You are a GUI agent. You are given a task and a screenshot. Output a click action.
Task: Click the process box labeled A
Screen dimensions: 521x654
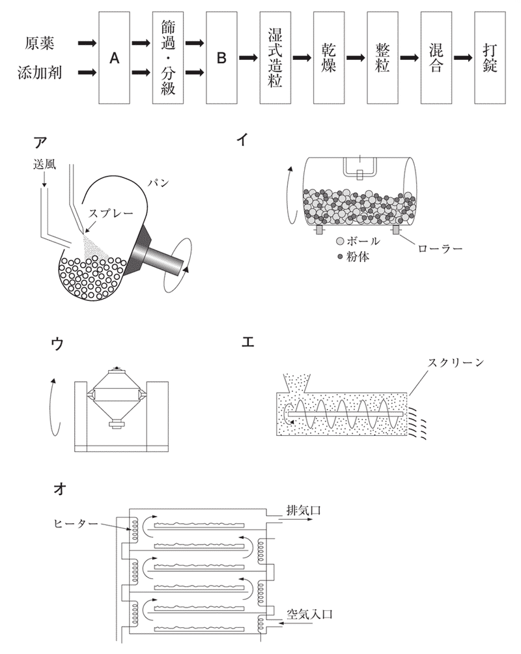(115, 57)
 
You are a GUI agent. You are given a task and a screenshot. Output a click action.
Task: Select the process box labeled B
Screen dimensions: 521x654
(221, 57)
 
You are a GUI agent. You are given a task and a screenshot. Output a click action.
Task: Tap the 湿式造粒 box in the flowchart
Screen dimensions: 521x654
(275, 57)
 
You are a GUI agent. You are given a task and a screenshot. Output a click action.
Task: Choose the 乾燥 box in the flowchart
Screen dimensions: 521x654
(329, 57)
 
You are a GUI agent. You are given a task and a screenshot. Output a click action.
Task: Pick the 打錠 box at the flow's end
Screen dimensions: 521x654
(490, 57)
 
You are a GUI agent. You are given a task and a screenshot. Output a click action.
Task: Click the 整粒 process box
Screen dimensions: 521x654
(382, 57)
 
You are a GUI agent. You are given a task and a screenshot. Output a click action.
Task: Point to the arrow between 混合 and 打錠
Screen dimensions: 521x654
(463, 57)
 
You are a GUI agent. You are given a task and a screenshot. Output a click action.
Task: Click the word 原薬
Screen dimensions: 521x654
(40, 44)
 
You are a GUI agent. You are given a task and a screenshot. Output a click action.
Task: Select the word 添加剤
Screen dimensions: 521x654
(40, 72)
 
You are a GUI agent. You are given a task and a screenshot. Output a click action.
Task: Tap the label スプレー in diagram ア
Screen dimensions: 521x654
(111, 213)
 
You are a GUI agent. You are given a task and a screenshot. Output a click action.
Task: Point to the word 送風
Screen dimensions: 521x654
(45, 164)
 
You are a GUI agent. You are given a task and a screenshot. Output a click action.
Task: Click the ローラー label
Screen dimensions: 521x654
(440, 249)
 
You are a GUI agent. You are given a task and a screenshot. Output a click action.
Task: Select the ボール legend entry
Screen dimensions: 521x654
(358, 241)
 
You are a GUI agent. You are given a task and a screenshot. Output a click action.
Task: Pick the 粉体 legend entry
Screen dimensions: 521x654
(353, 257)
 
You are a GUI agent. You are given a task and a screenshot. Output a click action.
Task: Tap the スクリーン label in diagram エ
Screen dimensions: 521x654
(455, 362)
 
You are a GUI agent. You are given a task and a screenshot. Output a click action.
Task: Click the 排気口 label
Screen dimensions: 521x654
(303, 509)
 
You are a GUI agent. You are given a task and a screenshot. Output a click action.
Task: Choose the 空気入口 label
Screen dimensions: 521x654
(309, 614)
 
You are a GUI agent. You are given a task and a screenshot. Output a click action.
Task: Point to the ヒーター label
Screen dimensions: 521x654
(76, 523)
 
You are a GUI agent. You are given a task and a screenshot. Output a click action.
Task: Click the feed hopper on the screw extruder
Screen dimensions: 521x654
(296, 382)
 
